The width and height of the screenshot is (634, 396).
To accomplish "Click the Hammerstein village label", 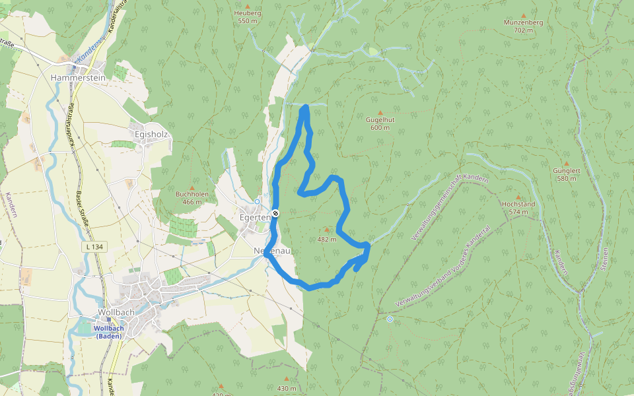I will point(78,77).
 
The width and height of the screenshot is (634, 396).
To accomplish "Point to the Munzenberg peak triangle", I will point(524,15).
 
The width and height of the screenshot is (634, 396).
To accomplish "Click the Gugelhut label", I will point(380,119).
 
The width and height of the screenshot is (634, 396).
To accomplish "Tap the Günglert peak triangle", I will point(567,162).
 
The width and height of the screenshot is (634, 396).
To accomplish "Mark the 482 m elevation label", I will point(327,240).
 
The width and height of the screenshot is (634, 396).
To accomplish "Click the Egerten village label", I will point(255,216).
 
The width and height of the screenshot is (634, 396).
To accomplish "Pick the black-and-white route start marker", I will point(275,213).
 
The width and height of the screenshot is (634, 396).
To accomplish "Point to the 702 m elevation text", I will point(523,30).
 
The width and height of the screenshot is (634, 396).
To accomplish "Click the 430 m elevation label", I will point(287,388).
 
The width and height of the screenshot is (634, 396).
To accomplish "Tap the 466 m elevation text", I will point(192,201).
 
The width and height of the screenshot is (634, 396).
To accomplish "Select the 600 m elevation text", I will point(380,128).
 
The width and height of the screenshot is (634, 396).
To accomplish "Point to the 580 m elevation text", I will point(567,178).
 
